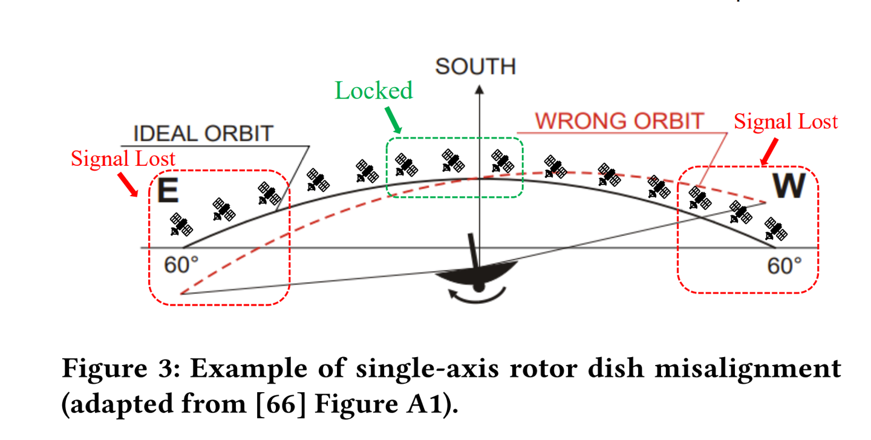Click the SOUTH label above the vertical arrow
point(475,67)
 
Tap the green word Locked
point(374,91)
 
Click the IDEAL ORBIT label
point(203,134)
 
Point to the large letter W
point(789,187)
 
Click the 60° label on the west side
point(785,265)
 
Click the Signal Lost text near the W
point(786,122)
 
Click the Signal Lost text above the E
point(123,159)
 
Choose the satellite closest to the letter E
point(181,225)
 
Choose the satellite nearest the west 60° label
point(775,229)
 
